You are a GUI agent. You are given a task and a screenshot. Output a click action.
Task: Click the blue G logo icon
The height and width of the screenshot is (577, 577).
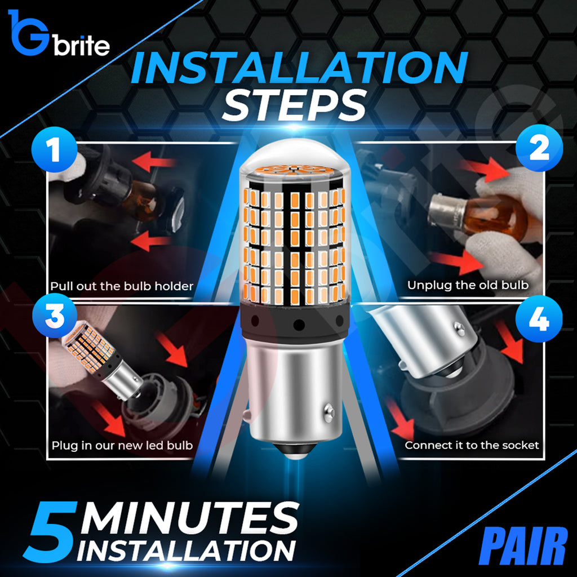point(28,33)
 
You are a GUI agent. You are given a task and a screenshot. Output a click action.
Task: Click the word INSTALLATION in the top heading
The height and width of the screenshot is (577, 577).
point(299,68)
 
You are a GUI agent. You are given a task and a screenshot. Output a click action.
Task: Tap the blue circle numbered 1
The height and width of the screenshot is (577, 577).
point(55,149)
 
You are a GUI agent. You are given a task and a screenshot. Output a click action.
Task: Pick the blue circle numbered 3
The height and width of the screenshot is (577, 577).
point(55,316)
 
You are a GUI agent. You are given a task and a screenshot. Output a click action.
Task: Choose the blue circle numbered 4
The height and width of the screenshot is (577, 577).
point(539,319)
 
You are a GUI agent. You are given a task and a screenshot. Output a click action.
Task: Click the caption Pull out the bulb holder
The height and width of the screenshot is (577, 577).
point(122,286)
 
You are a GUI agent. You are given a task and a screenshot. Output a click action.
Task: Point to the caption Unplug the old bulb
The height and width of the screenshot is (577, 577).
point(468,285)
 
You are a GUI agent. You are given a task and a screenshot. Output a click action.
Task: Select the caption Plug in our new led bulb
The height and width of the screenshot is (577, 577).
point(122,446)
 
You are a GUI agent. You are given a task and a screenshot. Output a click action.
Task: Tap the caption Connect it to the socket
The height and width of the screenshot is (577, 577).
point(472,445)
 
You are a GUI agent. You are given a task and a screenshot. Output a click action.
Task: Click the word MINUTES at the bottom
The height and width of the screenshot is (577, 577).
point(189,519)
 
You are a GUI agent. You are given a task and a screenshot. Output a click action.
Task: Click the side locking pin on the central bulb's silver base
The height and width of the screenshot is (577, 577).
point(329,413)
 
